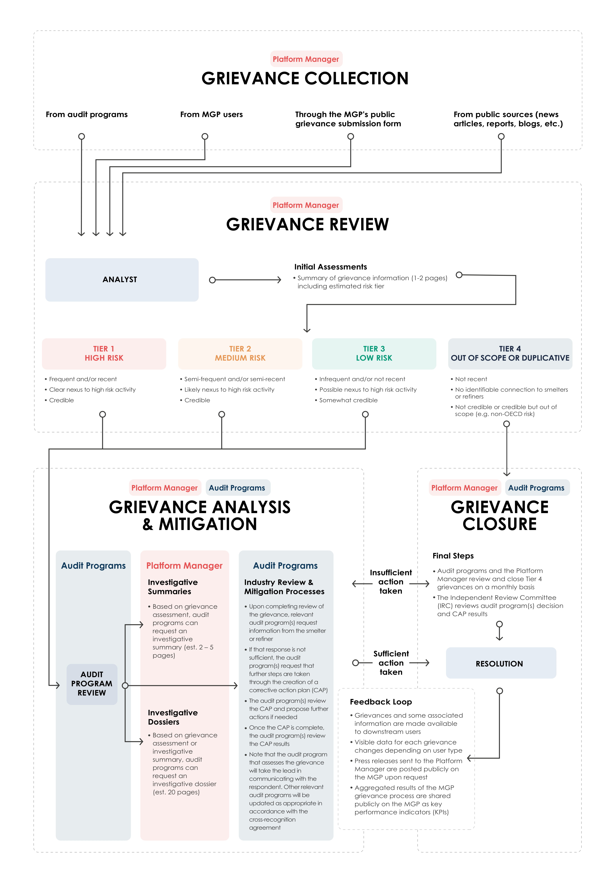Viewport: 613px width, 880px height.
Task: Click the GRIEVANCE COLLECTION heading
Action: pyautogui.click(x=305, y=79)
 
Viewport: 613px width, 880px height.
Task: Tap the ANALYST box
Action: pyautogui.click(x=122, y=280)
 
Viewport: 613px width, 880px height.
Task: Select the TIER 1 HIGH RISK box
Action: pyautogui.click(x=104, y=353)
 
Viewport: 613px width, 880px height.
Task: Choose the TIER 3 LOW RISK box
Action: pyautogui.click(x=374, y=353)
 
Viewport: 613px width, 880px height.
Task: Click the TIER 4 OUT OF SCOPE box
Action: pyautogui.click(x=510, y=353)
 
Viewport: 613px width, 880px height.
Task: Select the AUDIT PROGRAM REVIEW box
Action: pyautogui.click(x=92, y=684)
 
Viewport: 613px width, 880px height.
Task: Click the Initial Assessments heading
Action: pyautogui.click(x=330, y=267)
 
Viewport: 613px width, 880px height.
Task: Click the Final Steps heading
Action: pyautogui.click(x=453, y=556)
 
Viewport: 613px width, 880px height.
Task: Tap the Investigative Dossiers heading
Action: pyautogui.click(x=173, y=717)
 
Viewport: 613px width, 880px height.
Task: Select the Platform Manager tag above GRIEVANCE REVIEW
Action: pyautogui.click(x=306, y=205)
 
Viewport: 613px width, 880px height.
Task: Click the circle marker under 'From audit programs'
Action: pyautogui.click(x=81, y=136)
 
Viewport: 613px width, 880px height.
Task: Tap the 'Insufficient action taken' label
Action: pyautogui.click(x=391, y=582)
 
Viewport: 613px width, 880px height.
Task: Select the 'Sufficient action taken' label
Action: pyautogui.click(x=391, y=663)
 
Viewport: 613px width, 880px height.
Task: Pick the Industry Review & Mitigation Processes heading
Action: pyautogui.click(x=284, y=587)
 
